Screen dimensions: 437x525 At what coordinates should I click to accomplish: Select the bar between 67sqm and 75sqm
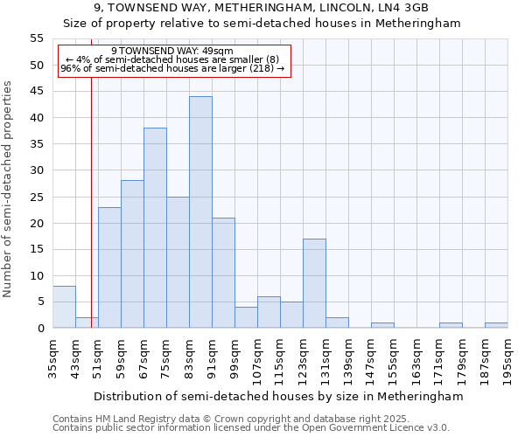coord(155,228)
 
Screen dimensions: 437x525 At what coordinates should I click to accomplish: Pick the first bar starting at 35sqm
coord(64,307)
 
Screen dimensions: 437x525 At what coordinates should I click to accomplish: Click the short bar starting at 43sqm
coord(87,323)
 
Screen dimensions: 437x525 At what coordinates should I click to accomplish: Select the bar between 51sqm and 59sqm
coord(109,267)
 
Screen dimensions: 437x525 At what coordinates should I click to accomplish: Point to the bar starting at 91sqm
coord(223,273)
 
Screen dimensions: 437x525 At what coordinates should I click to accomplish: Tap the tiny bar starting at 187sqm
coord(496,325)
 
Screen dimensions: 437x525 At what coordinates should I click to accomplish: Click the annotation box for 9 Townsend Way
coord(172,60)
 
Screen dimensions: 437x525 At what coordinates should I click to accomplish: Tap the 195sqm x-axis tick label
coord(508,359)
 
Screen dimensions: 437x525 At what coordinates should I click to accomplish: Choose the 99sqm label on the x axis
coord(235,359)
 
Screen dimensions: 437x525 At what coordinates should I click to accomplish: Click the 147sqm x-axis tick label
coord(372,359)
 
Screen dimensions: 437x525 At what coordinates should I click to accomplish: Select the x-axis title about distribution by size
coord(277,396)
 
